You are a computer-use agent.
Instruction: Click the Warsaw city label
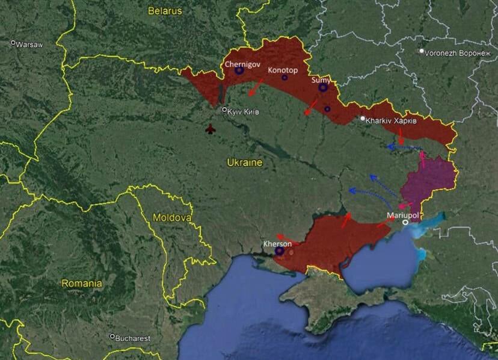coord(29,45)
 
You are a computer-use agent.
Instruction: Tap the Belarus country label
coord(165,10)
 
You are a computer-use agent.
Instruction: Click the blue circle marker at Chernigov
coord(239,70)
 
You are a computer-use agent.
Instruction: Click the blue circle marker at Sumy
coord(323,88)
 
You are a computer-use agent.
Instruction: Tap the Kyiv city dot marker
coord(224,110)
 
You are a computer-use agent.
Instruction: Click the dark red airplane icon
coord(210,129)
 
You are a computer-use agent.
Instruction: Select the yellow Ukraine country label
coord(244,163)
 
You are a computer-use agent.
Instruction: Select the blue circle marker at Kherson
coord(279,251)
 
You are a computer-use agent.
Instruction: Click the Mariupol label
coord(402,214)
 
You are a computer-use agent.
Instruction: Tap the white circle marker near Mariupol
coord(405,222)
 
